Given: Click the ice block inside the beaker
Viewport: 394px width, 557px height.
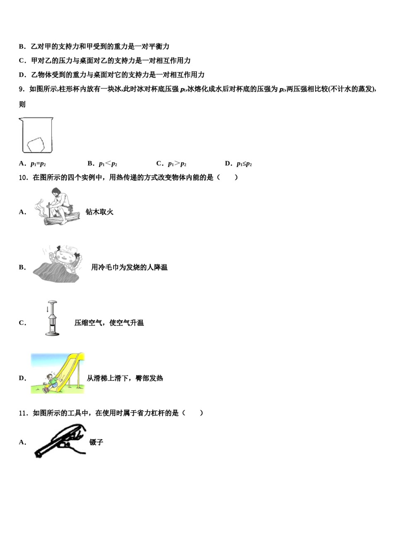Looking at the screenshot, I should pos(36,144).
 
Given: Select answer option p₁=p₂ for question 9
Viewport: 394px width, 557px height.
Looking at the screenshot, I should pos(38,164).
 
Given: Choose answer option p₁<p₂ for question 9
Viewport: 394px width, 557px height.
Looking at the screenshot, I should pos(107,164).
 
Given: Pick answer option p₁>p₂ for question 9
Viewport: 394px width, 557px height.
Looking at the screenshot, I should pos(177,164).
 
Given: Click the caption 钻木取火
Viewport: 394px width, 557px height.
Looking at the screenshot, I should pos(100,212).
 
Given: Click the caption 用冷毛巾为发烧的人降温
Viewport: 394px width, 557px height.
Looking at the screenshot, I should pos(129,267).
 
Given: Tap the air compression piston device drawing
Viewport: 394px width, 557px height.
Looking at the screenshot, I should pos(51,318).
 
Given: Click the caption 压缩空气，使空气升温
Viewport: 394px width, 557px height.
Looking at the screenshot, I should pos(109,323).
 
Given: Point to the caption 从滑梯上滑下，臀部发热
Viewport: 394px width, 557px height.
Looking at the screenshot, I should pos(125,378).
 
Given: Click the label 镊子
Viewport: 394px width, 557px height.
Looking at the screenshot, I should pos(96,443).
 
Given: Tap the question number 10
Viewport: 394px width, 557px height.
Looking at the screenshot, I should pos(23,178).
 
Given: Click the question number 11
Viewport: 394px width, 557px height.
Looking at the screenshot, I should pos(23,413).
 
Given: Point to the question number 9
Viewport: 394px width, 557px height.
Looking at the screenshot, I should pos(22,89).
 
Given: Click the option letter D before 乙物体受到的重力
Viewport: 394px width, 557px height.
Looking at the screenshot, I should pos(22,75).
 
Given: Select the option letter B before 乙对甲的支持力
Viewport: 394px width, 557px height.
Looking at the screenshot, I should pos(22,47).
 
